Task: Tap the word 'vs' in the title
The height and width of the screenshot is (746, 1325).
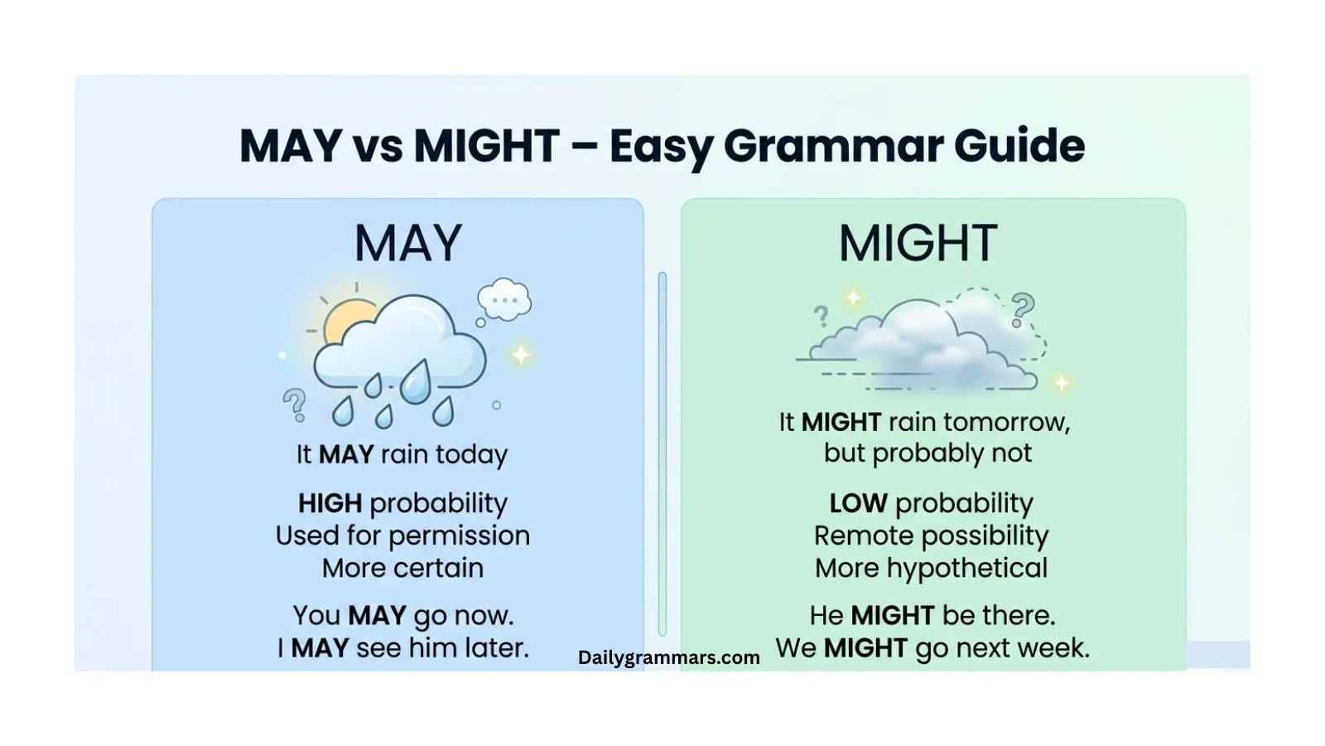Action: pos(378,146)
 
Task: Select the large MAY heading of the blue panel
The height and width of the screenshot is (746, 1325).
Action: pos(408,243)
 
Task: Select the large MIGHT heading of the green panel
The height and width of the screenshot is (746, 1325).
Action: pos(918,243)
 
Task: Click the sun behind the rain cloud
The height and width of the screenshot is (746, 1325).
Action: pos(348,320)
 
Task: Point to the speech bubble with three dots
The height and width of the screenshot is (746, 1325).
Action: pos(503,300)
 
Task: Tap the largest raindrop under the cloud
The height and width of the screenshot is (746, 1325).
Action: pos(416,382)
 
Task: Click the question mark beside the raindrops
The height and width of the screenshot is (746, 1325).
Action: pos(294,404)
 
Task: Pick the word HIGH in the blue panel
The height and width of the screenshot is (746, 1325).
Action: pos(330,503)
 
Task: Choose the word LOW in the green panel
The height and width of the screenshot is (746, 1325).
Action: pos(858,503)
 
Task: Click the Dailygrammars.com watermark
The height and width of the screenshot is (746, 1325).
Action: pos(668,657)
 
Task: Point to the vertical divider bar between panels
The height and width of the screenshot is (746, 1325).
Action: pos(662,453)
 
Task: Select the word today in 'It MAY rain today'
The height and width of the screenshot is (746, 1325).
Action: pos(471,454)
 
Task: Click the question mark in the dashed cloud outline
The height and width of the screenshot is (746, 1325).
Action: pos(1023,309)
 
